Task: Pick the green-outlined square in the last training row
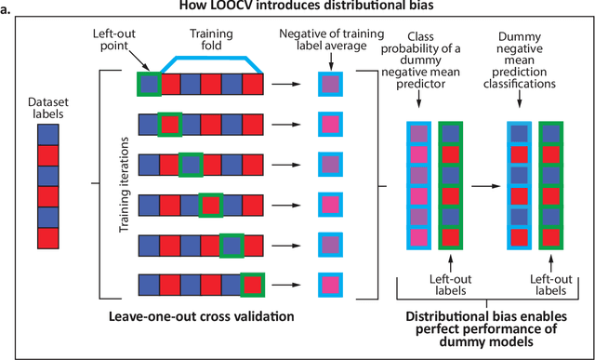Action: click(x=251, y=283)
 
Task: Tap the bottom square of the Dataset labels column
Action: click(x=49, y=237)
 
